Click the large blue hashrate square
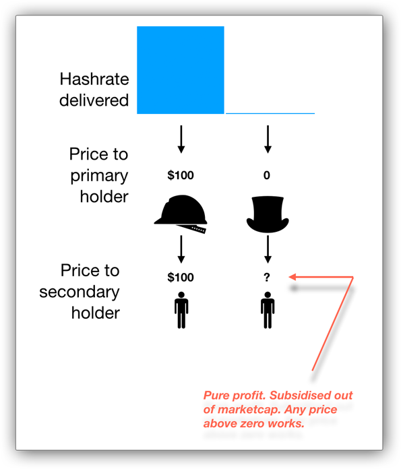tap(181, 70)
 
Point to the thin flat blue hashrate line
tap(270, 113)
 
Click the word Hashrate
tap(94, 80)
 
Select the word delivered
tap(94, 100)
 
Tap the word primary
tap(99, 177)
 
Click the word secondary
tap(80, 292)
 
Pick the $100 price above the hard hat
tap(181, 175)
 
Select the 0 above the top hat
tap(267, 175)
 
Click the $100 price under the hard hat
tap(181, 277)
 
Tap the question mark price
tap(267, 277)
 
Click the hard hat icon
tap(181, 214)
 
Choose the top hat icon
tap(268, 214)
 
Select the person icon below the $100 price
tap(181, 310)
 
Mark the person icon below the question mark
tap(268, 310)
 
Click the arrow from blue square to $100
tap(181, 139)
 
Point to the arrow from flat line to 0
tap(268, 139)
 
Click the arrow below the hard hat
tap(181, 249)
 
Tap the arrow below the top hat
tap(268, 249)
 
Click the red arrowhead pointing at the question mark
tap(292, 277)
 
